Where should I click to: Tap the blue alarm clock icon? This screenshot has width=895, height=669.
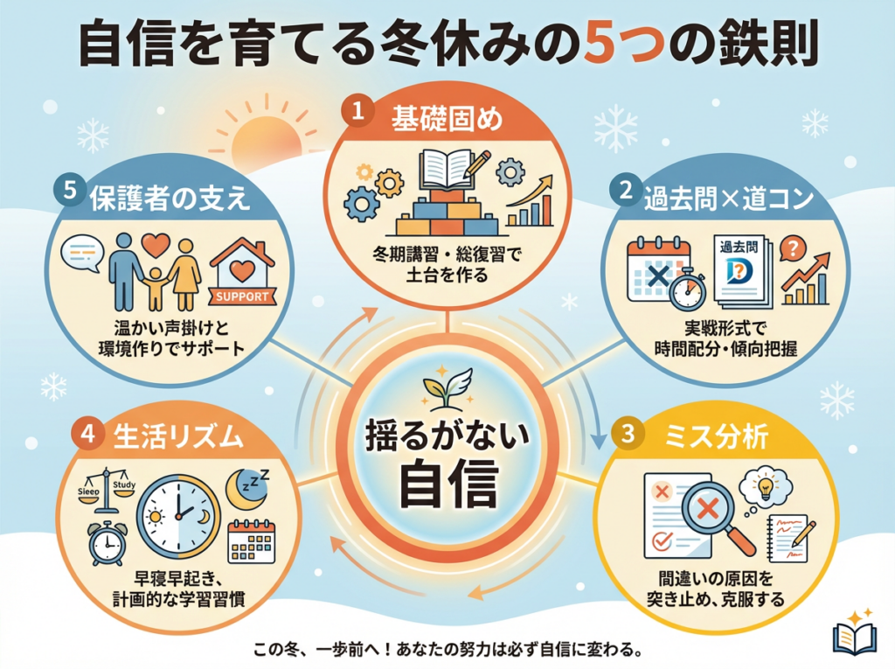pyautogui.click(x=108, y=542)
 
